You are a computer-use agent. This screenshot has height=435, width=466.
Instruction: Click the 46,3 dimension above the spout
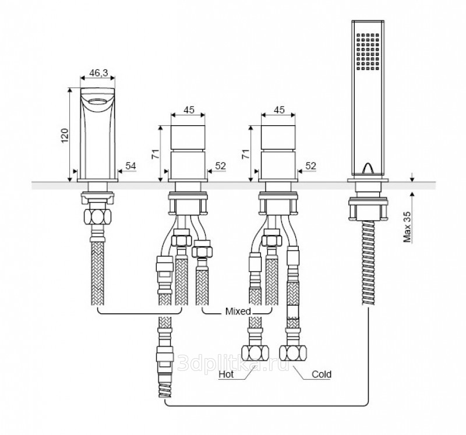click(x=97, y=74)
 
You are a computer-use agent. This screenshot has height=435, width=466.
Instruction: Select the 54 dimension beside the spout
click(x=130, y=166)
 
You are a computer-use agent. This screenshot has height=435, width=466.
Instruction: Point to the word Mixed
click(x=238, y=311)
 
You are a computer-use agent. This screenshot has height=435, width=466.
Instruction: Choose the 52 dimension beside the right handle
click(x=310, y=166)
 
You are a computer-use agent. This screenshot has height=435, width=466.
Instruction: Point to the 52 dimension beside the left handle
click(x=220, y=166)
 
